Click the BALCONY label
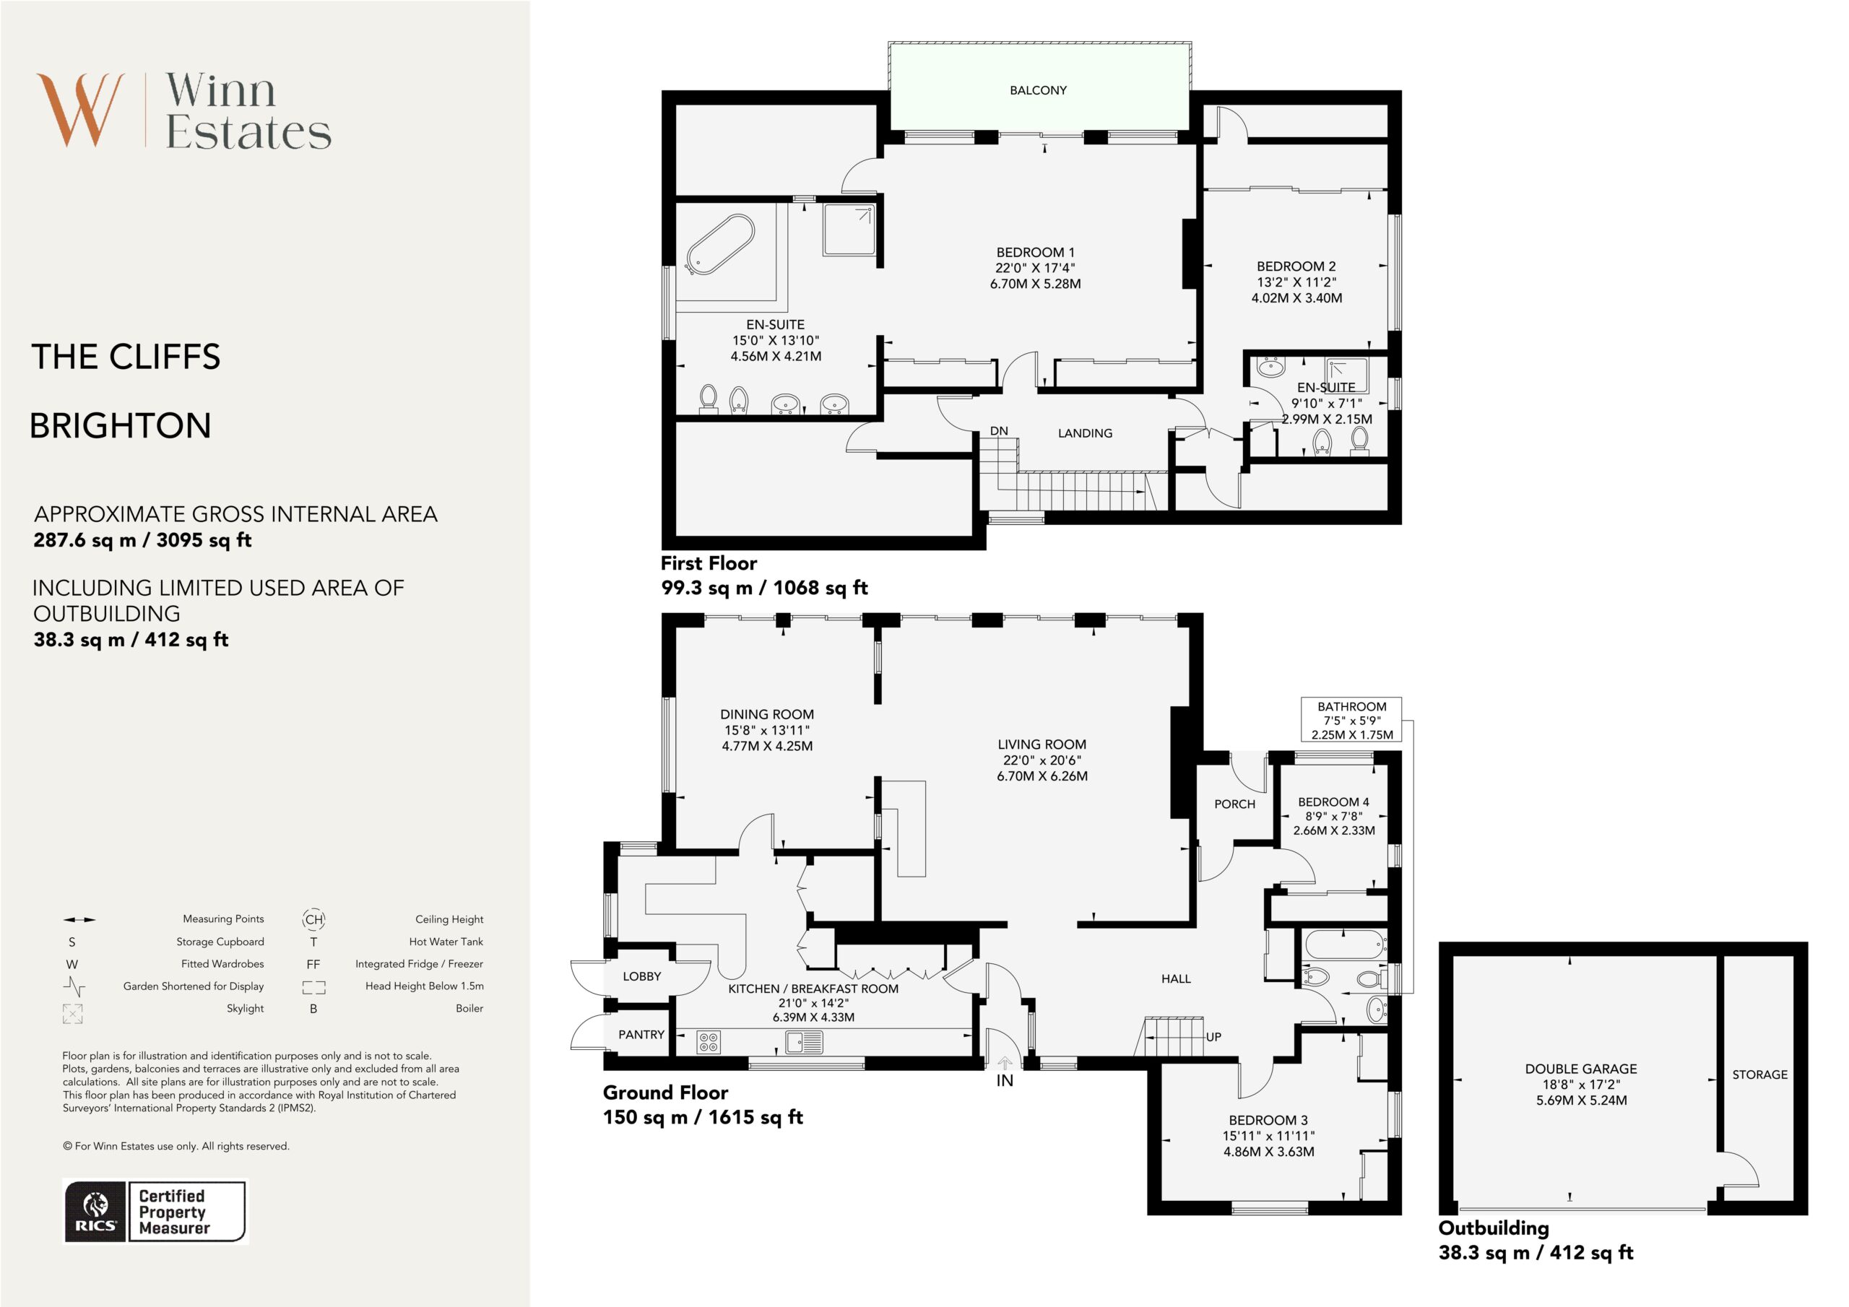(x=1038, y=90)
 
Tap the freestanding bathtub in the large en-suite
(x=720, y=245)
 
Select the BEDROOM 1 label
(x=1035, y=252)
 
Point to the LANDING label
(x=1085, y=433)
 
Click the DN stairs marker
(x=999, y=431)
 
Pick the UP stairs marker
(x=1213, y=1037)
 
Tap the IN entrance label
(x=1004, y=1081)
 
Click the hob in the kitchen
(x=709, y=1043)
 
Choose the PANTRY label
(x=641, y=1035)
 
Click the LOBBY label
(x=642, y=976)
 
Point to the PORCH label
(x=1234, y=804)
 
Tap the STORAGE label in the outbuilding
(x=1759, y=1074)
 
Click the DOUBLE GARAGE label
(x=1581, y=1069)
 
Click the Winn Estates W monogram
(x=80, y=110)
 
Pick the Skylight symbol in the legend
(x=72, y=1013)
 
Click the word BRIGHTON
(x=121, y=426)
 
